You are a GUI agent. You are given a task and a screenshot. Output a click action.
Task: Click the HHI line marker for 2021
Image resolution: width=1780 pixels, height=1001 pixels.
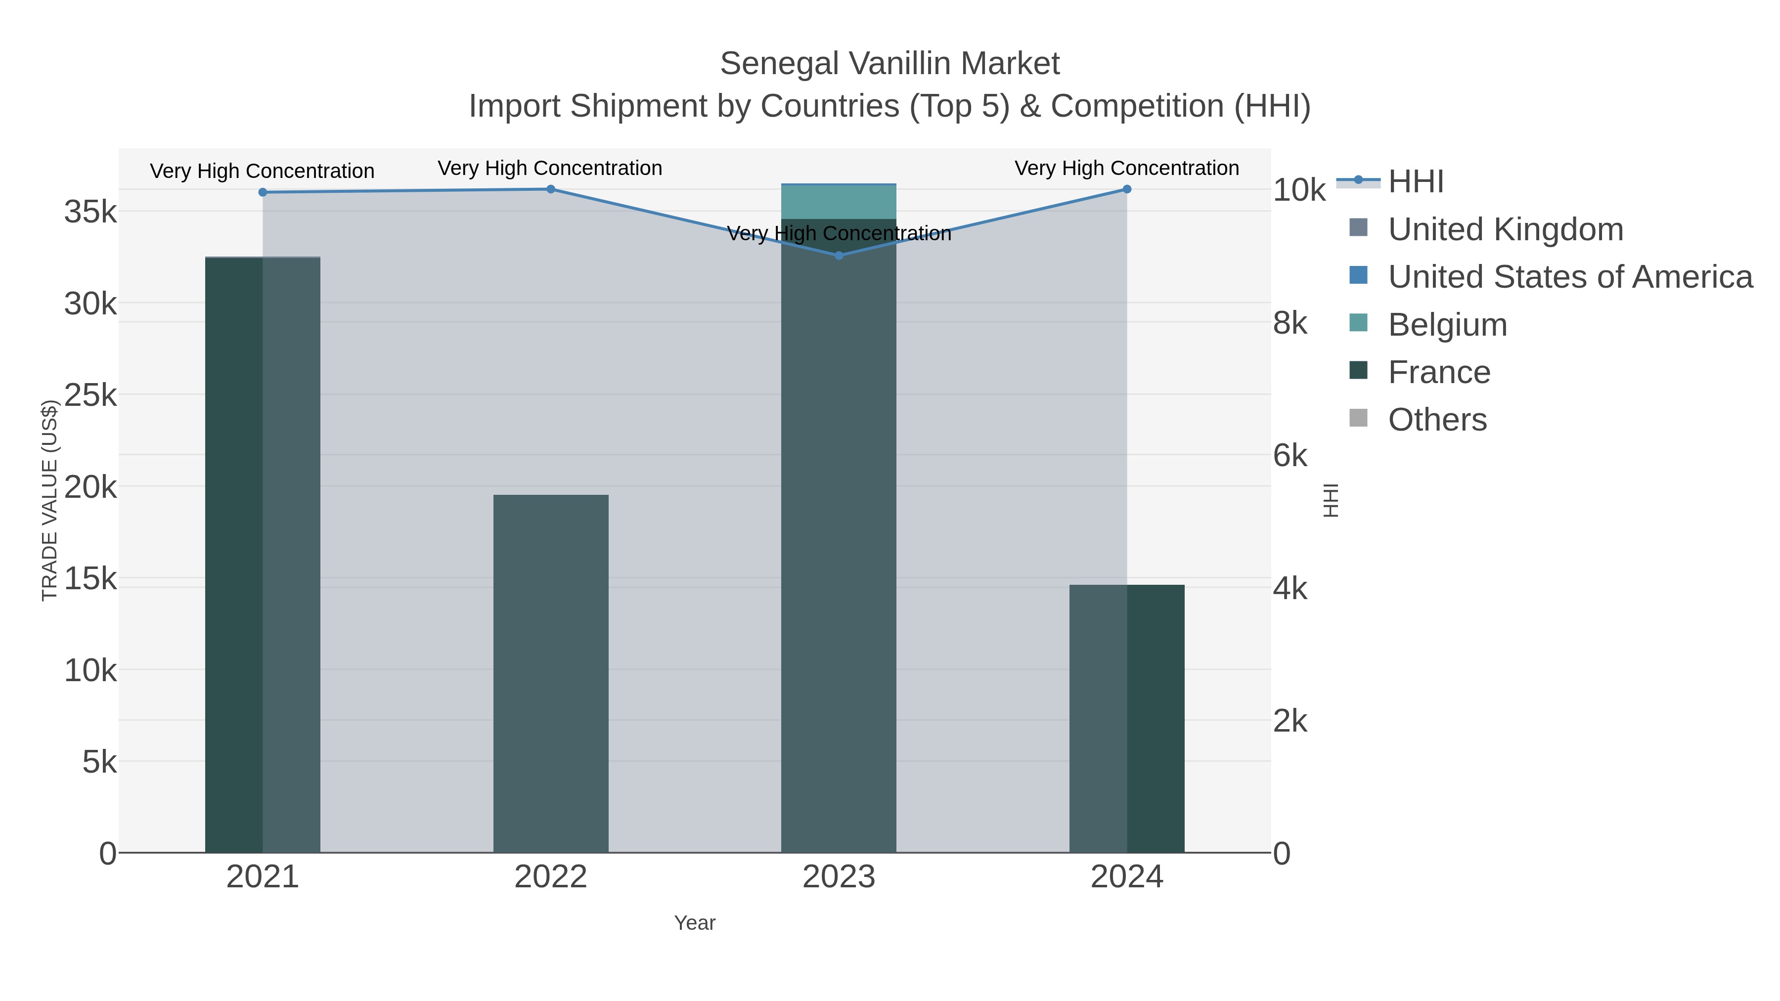click(x=263, y=192)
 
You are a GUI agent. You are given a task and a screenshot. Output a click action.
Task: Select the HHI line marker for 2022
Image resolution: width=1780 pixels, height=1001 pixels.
click(x=551, y=189)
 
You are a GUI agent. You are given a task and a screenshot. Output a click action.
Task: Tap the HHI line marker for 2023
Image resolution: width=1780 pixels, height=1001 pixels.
click(x=839, y=256)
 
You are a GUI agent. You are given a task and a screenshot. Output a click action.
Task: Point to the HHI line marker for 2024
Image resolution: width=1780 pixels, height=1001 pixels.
click(x=1127, y=189)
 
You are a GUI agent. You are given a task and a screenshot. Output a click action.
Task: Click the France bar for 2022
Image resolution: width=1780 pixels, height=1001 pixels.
click(x=551, y=674)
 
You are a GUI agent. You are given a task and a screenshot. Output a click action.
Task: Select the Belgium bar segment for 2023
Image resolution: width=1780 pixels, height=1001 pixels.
click(x=839, y=202)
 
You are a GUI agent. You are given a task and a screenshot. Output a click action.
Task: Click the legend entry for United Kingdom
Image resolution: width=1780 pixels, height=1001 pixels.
click(x=1505, y=229)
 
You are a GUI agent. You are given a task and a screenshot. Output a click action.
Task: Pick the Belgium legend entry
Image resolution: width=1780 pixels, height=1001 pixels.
click(x=1447, y=325)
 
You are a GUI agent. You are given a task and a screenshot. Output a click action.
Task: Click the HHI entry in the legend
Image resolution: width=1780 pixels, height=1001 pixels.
click(x=1415, y=182)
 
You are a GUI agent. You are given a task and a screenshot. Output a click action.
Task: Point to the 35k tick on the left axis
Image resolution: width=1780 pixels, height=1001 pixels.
click(x=90, y=212)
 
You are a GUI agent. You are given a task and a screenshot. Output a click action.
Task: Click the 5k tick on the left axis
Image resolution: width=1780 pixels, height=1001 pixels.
click(x=99, y=762)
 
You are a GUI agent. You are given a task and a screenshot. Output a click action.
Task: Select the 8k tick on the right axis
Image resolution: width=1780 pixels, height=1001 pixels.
click(x=1290, y=323)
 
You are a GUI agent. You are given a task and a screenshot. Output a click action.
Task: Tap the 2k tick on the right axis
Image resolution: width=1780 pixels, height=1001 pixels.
click(x=1290, y=721)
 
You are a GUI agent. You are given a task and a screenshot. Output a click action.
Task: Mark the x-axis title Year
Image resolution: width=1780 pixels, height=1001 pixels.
click(x=695, y=923)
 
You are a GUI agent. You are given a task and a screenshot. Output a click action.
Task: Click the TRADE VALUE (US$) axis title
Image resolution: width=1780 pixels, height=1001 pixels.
click(x=50, y=500)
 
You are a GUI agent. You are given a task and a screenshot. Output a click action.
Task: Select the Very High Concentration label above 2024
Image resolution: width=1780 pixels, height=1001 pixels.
click(x=1126, y=168)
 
